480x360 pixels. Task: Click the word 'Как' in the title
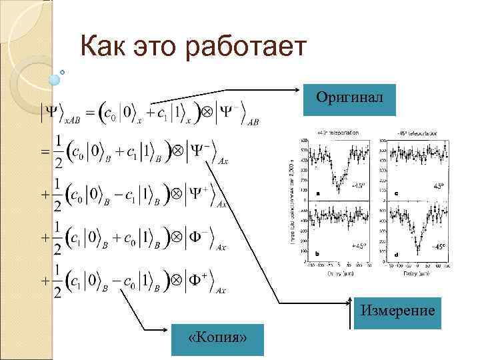click(101, 48)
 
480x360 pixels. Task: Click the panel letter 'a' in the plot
click(317, 193)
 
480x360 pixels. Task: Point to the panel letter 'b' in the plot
click(317, 254)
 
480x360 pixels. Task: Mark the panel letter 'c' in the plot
click(397, 193)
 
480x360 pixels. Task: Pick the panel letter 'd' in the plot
click(397, 254)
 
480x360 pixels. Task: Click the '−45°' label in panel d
click(437, 246)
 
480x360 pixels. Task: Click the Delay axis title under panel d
click(416, 273)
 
